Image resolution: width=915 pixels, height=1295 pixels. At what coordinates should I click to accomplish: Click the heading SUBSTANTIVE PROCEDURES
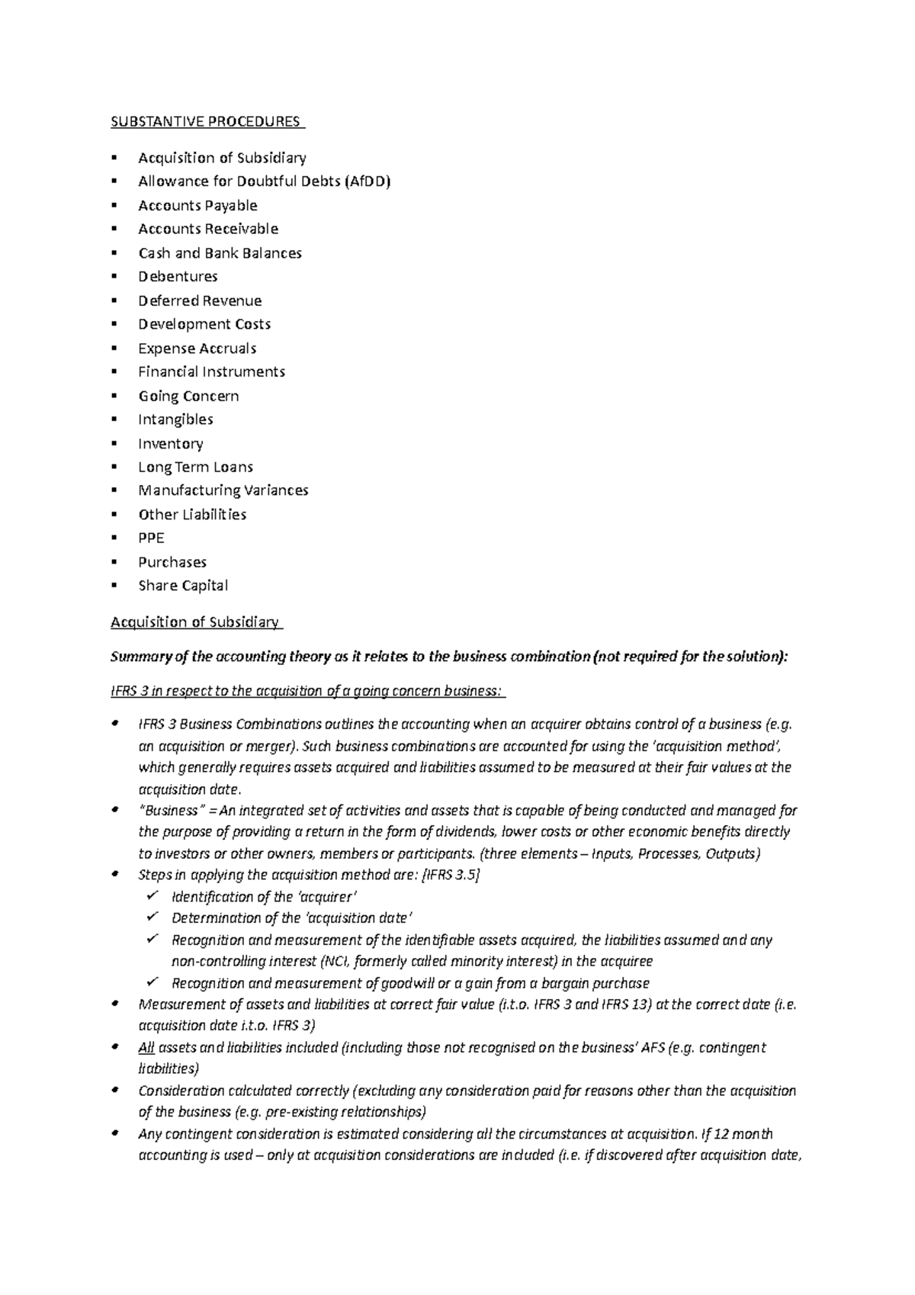[206, 122]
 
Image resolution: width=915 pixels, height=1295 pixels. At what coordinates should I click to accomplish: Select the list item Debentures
[178, 277]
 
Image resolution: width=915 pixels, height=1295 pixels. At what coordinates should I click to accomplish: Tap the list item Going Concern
[188, 397]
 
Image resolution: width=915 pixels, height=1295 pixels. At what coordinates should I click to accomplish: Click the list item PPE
[151, 538]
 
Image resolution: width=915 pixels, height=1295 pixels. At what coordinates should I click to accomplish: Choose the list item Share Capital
[183, 586]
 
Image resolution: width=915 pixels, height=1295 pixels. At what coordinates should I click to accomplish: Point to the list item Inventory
[170, 444]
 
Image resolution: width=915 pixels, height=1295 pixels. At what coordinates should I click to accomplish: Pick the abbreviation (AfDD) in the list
[367, 182]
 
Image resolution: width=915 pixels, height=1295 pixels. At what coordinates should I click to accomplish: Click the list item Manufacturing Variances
[223, 490]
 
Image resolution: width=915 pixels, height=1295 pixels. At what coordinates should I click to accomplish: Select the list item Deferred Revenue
[200, 300]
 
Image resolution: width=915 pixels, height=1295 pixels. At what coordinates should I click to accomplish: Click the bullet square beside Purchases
[114, 562]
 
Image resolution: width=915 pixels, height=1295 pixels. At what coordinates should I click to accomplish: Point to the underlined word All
[146, 1048]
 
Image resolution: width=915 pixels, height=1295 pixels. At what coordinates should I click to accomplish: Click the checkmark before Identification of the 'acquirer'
[152, 896]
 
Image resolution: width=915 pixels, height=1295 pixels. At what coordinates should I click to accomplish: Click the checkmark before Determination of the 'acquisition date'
[152, 917]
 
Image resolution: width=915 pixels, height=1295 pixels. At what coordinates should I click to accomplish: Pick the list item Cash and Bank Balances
[220, 253]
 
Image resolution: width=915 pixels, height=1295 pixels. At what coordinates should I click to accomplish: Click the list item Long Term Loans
[195, 468]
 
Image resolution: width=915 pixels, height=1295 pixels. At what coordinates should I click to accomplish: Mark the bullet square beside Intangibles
[114, 419]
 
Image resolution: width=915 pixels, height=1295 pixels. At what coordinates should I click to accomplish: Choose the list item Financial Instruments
[211, 372]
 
